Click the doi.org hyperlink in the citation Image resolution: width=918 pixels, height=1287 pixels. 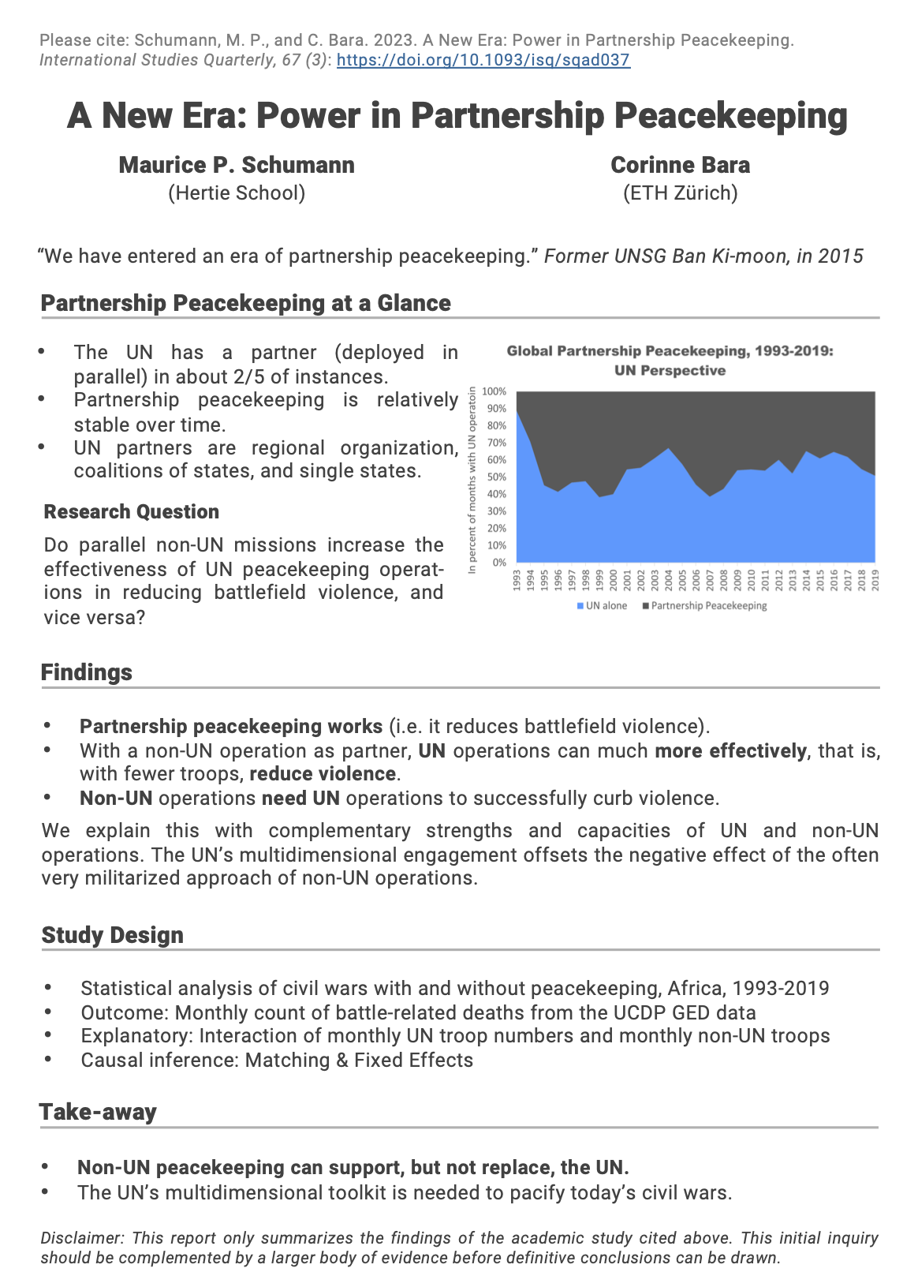[483, 60]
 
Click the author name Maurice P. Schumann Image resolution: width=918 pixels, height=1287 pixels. [237, 165]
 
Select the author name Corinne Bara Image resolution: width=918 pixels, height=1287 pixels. [680, 165]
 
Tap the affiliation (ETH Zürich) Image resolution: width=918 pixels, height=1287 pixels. [680, 193]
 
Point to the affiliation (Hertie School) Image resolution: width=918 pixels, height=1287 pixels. [237, 193]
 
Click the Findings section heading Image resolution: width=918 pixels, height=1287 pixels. [87, 672]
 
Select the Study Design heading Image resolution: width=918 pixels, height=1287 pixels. [112, 935]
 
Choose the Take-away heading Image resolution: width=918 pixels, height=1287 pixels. [98, 1112]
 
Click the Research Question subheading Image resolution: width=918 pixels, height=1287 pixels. [132, 512]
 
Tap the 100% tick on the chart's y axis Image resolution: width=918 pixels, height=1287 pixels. [494, 391]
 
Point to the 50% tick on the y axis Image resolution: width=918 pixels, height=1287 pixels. [496, 477]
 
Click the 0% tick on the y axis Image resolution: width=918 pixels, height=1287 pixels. [499, 563]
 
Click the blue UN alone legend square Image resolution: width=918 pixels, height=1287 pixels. [580, 606]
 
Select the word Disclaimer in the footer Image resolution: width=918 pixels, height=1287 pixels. [82, 1238]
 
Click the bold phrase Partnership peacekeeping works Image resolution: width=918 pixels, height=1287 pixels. [231, 726]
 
